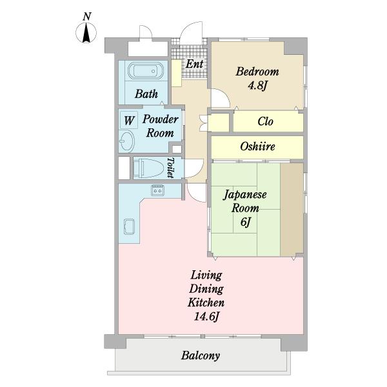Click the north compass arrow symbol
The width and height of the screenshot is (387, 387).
86,33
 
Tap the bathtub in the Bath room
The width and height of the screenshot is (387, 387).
146,70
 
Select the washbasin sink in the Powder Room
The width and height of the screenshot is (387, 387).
127,141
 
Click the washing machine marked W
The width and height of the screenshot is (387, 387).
129,120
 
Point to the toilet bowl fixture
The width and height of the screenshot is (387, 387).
148,168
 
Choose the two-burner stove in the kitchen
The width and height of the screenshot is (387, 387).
158,190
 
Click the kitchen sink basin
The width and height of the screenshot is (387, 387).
129,226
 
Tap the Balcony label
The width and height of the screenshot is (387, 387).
201,355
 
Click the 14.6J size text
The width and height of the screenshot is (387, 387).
206,316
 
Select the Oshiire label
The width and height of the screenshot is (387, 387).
257,146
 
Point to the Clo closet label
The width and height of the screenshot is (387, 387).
265,121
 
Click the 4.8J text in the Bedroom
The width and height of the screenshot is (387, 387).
257,86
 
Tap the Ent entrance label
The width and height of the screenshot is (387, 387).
195,64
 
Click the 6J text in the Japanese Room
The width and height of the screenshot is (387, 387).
245,222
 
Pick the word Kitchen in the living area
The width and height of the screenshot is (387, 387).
206,303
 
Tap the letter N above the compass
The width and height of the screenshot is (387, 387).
87,17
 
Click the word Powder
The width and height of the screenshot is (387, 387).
160,119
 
